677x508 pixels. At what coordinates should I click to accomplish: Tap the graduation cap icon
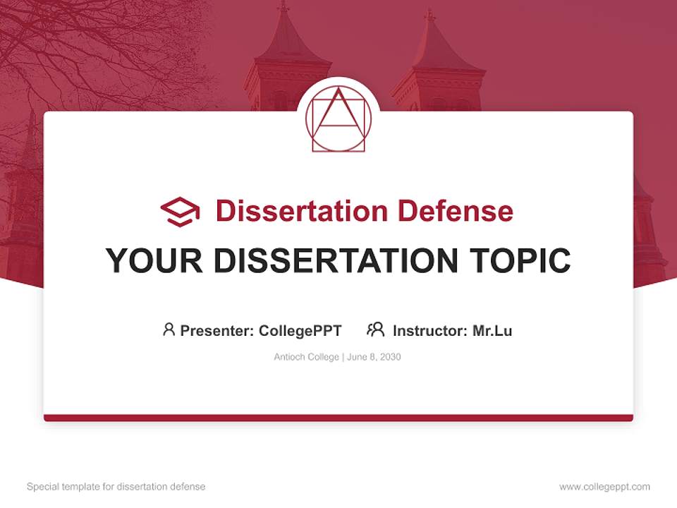pos(180,211)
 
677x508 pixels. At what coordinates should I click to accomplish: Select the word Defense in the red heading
pos(454,211)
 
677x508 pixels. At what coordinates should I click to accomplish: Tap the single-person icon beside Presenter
pos(169,329)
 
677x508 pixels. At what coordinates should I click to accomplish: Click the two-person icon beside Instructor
pos(375,329)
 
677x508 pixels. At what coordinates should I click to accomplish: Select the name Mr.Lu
pos(492,330)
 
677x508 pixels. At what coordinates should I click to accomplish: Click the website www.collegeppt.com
pos(604,487)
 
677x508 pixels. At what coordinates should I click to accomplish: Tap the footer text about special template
pos(116,487)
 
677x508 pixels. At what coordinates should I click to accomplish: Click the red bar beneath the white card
pos(338,418)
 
